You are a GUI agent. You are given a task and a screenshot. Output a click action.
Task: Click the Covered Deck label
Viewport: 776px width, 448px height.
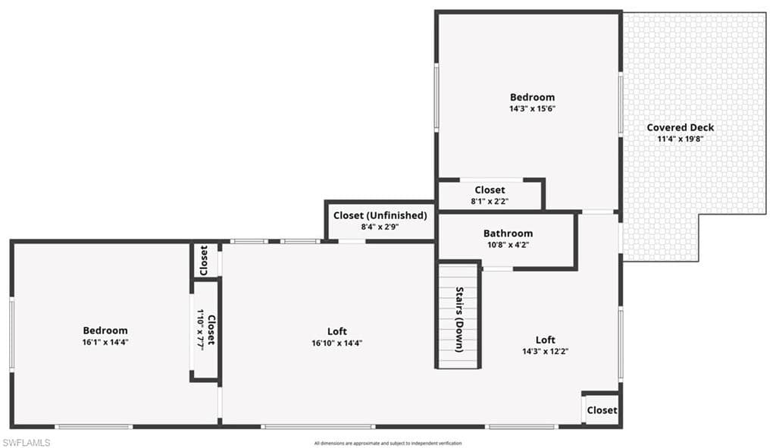tap(680, 127)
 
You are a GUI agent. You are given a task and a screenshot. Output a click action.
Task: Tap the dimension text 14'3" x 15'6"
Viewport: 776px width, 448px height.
tap(533, 109)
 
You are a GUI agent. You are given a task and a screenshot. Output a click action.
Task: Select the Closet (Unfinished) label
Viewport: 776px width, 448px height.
tap(380, 215)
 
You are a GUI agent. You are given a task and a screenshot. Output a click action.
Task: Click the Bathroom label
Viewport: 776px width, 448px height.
tap(508, 233)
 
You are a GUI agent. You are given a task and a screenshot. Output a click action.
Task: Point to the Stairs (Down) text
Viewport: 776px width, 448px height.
tap(459, 319)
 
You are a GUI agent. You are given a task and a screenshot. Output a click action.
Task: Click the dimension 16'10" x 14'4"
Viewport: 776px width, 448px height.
tap(337, 343)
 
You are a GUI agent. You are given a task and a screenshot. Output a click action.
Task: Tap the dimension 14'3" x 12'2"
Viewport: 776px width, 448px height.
tap(546, 352)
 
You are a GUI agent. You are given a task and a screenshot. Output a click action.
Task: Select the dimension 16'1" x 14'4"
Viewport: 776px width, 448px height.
tap(105, 342)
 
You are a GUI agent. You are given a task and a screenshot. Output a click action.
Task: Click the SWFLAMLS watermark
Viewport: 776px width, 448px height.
tap(27, 443)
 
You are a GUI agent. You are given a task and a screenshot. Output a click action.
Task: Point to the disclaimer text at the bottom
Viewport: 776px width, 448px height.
tap(388, 443)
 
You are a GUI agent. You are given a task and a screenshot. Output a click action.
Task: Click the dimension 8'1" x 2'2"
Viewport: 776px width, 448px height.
tap(490, 202)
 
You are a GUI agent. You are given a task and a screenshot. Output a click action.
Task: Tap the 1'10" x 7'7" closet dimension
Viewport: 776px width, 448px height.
tap(200, 331)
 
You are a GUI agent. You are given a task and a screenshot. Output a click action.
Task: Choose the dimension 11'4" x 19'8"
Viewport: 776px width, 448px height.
tap(681, 139)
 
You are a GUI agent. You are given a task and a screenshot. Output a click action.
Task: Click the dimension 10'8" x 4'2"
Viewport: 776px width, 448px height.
tap(508, 245)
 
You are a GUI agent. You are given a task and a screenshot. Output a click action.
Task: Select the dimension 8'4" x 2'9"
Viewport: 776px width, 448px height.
tap(380, 227)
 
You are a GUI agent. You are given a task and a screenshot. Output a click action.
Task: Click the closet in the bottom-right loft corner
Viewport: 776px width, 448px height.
tap(602, 410)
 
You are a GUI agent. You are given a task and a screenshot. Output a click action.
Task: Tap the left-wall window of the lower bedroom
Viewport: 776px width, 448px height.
tap(12, 334)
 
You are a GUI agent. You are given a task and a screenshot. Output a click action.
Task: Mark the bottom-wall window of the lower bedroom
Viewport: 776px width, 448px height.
tap(93, 427)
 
